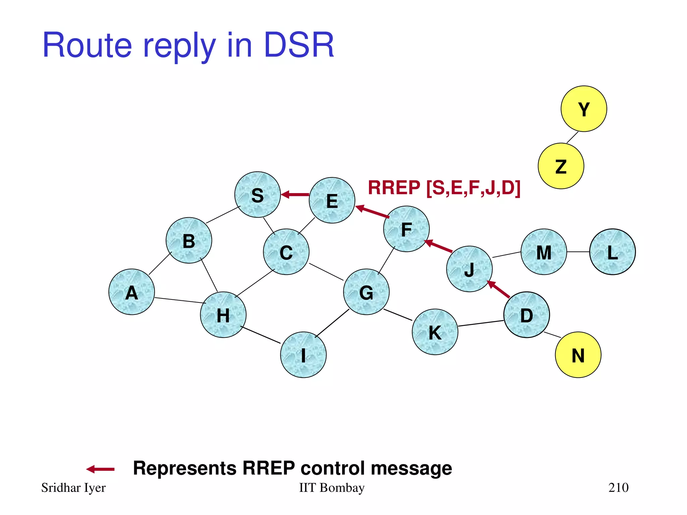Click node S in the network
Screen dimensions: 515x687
click(257, 195)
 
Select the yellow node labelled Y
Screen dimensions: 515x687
click(584, 109)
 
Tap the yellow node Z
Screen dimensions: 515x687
click(561, 166)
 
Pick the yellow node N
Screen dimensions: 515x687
click(578, 355)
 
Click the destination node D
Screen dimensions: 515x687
click(526, 315)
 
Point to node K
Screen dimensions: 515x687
click(435, 332)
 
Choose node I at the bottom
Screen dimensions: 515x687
click(303, 355)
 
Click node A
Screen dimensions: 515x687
click(131, 292)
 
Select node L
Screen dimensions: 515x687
click(613, 252)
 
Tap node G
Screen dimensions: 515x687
click(366, 292)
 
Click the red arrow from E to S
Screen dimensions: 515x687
click(295, 194)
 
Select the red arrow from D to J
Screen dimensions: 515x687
click(499, 289)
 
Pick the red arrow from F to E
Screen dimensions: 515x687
click(372, 212)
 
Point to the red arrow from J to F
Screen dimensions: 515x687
click(438, 246)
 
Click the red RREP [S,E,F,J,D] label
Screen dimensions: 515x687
click(444, 188)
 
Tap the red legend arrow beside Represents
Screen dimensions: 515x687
click(100, 469)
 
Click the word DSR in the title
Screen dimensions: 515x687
click(299, 45)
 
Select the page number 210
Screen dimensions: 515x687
click(618, 488)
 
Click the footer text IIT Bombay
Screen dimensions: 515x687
click(331, 488)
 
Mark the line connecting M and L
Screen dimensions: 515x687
click(578, 252)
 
